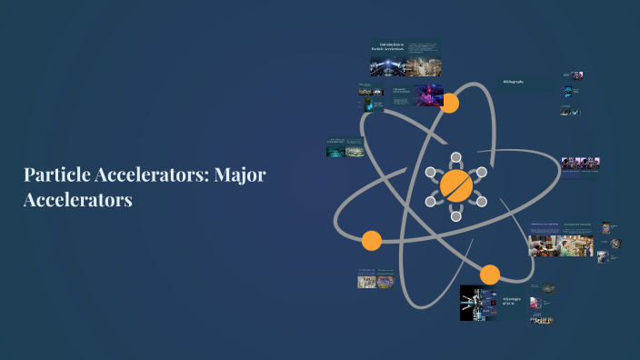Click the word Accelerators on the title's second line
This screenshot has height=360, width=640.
(78, 199)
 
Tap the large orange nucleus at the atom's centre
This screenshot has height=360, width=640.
(455, 185)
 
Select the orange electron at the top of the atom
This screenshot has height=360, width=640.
(449, 103)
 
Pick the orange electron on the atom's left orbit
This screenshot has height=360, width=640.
(371, 241)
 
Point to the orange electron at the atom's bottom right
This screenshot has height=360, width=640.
(490, 274)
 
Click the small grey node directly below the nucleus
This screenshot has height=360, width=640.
(455, 218)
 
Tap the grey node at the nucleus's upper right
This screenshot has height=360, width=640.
(482, 171)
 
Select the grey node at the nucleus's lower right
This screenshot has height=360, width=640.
(482, 201)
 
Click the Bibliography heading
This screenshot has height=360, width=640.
(514, 82)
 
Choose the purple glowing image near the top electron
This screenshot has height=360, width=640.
(429, 95)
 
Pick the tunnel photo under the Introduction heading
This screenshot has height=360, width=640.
(385, 66)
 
